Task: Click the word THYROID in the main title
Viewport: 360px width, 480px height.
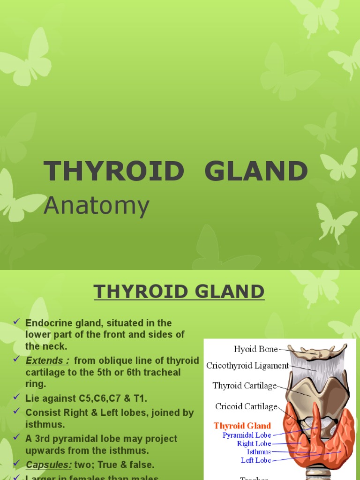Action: click(113, 171)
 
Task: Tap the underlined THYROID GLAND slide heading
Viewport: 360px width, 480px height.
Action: click(179, 292)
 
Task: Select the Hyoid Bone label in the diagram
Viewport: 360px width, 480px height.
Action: click(255, 349)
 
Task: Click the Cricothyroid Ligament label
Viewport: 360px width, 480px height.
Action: click(247, 366)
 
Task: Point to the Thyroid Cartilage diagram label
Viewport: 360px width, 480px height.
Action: click(244, 386)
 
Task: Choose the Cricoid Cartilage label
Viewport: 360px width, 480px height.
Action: click(246, 406)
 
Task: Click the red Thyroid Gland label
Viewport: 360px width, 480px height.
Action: click(242, 426)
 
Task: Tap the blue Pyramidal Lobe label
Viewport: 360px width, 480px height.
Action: click(247, 435)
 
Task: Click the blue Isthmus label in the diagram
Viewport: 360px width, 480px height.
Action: click(259, 452)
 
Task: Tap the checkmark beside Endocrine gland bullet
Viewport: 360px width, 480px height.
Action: click(16, 322)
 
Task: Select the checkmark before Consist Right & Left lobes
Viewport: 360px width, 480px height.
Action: click(16, 412)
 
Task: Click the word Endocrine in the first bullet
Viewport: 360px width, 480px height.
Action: click(46, 323)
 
